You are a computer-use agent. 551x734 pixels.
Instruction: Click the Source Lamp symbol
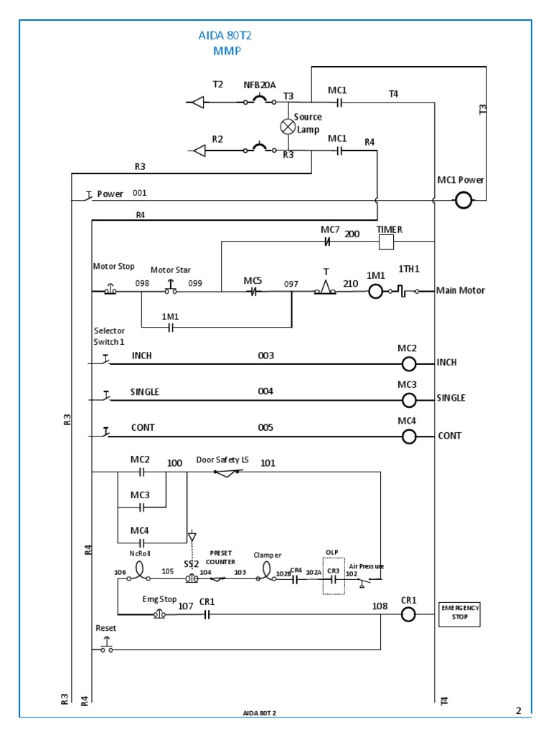tap(288, 126)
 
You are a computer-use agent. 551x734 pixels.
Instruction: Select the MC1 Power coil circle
tap(463, 201)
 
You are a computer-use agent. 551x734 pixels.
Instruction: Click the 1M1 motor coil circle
tap(377, 291)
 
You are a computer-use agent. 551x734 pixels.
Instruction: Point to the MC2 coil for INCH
tap(409, 364)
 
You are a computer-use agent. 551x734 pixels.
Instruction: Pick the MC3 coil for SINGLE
tap(409, 399)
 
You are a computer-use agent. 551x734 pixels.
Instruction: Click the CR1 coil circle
tap(408, 614)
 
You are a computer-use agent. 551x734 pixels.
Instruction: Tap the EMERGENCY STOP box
tap(459, 614)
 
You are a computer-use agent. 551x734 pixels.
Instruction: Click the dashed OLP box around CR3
tap(334, 576)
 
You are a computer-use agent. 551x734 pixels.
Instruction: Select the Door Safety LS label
tap(222, 459)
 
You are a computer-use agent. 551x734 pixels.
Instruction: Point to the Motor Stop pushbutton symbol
tap(110, 291)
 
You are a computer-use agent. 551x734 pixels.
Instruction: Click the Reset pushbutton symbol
tap(106, 649)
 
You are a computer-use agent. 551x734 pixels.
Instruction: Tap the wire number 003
tap(266, 356)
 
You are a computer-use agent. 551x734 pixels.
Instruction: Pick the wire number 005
tap(265, 427)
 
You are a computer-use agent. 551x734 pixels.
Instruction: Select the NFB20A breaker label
tap(260, 85)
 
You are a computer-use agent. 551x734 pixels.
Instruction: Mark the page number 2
tap(518, 710)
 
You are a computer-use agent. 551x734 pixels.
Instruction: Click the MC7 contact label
tap(330, 229)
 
